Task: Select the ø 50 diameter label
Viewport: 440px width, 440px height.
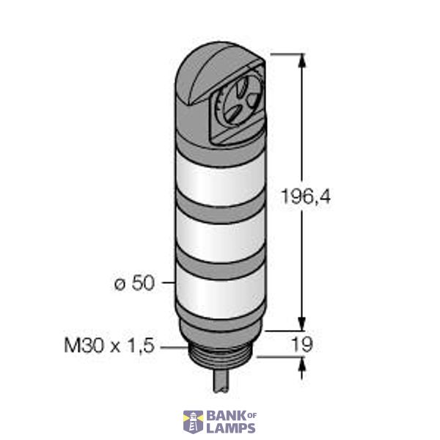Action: coord(135,283)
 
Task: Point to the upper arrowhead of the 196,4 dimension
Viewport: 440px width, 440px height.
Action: coord(301,61)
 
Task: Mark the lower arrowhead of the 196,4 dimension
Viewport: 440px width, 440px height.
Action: coord(301,324)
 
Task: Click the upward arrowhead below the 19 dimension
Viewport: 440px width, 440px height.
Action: coord(301,364)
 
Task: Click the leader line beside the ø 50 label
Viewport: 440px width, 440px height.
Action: coord(167,282)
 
